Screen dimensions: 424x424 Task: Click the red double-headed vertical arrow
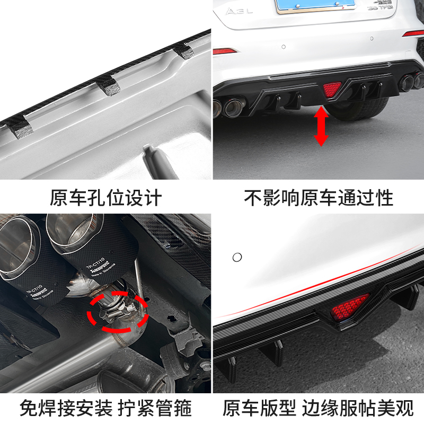[x=321, y=126]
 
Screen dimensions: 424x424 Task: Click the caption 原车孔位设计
[x=106, y=198]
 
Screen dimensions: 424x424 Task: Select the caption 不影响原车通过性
[x=319, y=198]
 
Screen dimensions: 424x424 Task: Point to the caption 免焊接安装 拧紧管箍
[x=105, y=408]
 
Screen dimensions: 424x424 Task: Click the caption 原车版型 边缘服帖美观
[x=318, y=408]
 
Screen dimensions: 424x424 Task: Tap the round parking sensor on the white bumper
[x=237, y=257]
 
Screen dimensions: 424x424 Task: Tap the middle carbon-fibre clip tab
[x=108, y=83]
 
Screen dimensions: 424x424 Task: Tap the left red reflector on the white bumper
[x=225, y=51]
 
